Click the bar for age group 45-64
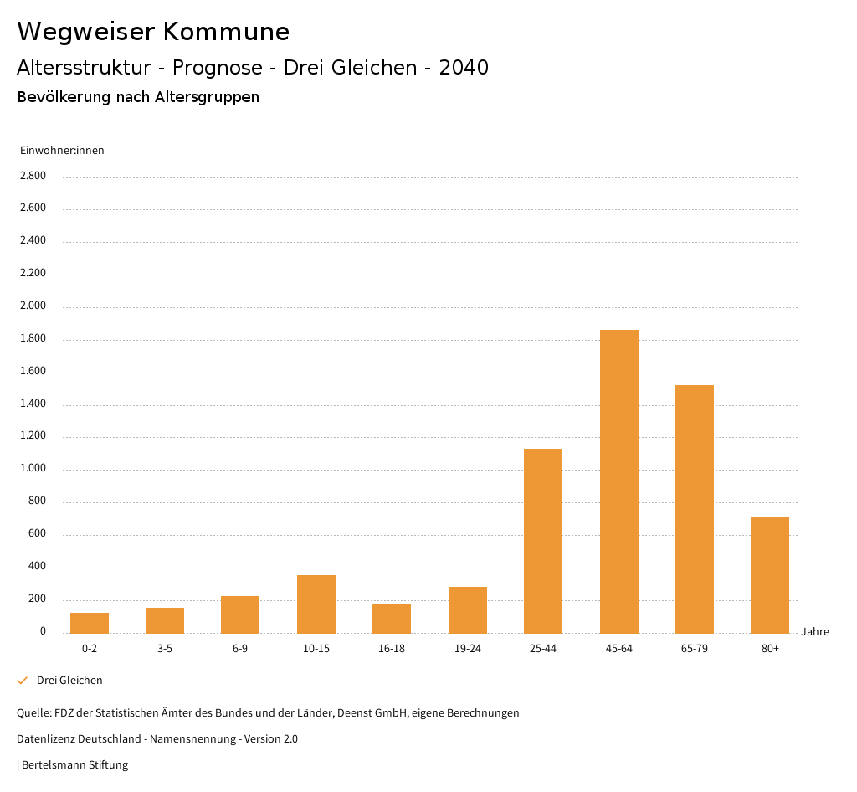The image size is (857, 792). (619, 481)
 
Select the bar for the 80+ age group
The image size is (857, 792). (770, 574)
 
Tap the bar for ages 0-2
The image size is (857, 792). (90, 623)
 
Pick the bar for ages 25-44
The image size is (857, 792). (543, 541)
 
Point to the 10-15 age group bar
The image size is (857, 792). (316, 604)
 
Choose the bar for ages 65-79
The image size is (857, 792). (695, 509)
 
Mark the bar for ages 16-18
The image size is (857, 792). (392, 619)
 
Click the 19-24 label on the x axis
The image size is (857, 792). (468, 649)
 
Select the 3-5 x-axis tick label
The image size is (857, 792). (165, 649)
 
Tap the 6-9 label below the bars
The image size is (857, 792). (240, 649)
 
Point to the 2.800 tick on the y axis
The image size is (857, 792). (33, 176)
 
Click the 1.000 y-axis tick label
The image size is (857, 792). (33, 469)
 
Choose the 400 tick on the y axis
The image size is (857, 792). (38, 567)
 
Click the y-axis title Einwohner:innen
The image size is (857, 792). (62, 151)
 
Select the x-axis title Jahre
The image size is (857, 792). (815, 632)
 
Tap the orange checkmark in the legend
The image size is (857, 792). (23, 681)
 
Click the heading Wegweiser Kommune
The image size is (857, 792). (153, 32)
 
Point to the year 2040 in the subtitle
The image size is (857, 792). (464, 68)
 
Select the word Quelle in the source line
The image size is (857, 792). (33, 713)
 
